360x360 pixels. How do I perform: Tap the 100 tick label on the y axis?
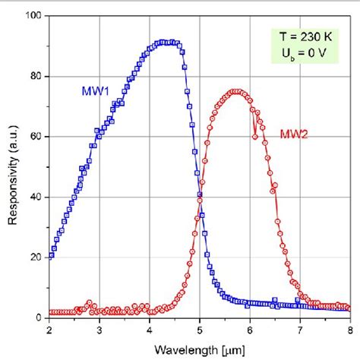33,17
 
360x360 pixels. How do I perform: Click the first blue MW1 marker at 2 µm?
51,254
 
